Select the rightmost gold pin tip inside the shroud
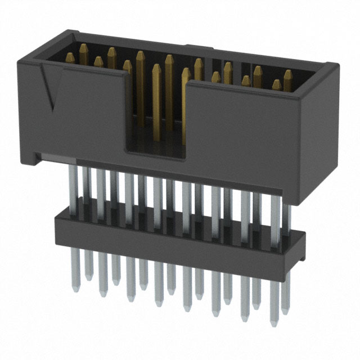288,73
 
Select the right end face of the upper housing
318,129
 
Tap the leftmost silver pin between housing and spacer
73,186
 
